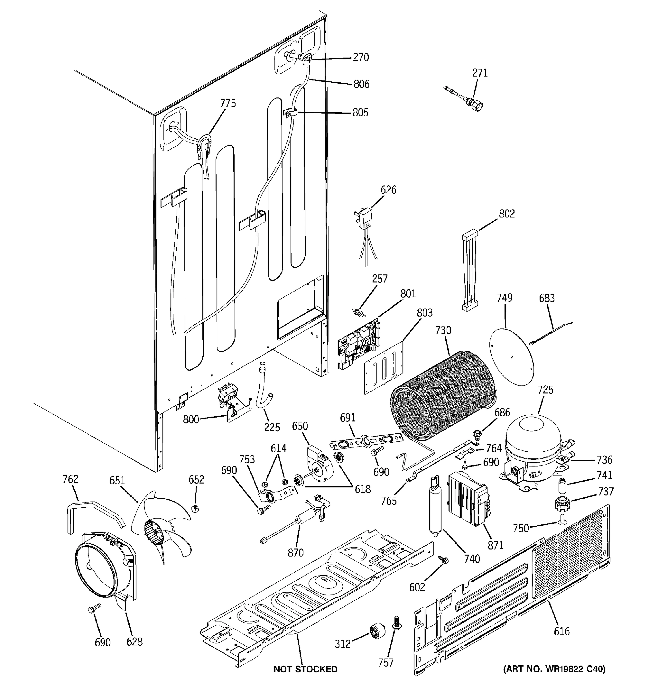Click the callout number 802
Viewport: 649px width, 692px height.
(507, 213)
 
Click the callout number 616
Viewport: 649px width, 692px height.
(562, 631)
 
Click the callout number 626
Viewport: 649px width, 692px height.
(388, 190)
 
